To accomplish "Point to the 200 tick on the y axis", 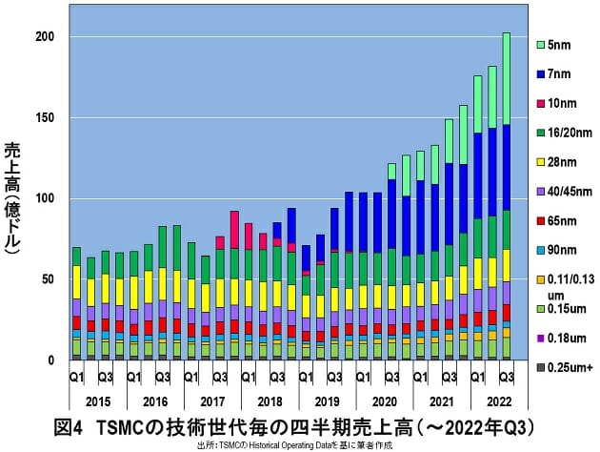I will coord(44,37).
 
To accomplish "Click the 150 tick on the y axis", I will coord(44,118).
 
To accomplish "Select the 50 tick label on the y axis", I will coord(47,279).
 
